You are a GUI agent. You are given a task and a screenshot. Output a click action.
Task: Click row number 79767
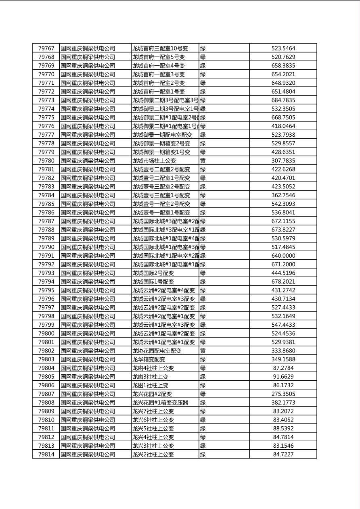[x=46, y=48]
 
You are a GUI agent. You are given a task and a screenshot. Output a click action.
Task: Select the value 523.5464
[x=283, y=48]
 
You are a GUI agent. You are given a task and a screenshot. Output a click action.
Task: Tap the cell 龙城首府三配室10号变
[x=160, y=48]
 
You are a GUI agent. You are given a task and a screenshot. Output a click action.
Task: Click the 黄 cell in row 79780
[x=203, y=161]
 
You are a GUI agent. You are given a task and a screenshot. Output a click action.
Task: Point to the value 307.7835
[x=283, y=161]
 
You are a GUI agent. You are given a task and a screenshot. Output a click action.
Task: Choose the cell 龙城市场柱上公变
[x=154, y=161]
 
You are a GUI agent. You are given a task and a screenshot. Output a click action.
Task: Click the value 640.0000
[x=283, y=256]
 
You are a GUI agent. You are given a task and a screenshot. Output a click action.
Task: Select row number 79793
[x=46, y=273]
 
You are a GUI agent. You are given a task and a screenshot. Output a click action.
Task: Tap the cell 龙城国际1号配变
[x=153, y=282]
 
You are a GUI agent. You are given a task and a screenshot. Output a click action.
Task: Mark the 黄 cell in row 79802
[x=203, y=351]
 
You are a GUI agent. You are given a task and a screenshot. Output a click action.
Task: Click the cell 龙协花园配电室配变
[x=157, y=351]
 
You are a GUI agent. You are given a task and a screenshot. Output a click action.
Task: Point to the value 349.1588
[x=283, y=359]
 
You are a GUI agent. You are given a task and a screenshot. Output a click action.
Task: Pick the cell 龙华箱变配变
[x=149, y=359]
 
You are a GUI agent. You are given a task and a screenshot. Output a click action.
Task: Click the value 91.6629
[x=283, y=377]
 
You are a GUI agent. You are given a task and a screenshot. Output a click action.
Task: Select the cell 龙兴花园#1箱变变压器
[x=160, y=403]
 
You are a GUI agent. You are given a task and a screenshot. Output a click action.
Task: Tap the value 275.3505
[x=283, y=394]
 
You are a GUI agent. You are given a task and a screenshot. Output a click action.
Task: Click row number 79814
[x=46, y=455]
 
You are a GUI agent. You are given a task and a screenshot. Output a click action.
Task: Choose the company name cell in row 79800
[x=88, y=334]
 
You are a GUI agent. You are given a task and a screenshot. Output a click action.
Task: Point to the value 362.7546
[x=283, y=195]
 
